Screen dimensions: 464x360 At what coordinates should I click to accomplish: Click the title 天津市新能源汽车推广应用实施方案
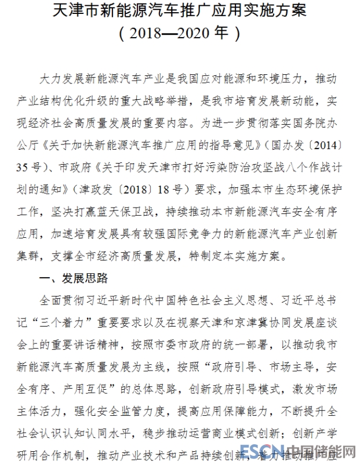pos(180,11)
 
